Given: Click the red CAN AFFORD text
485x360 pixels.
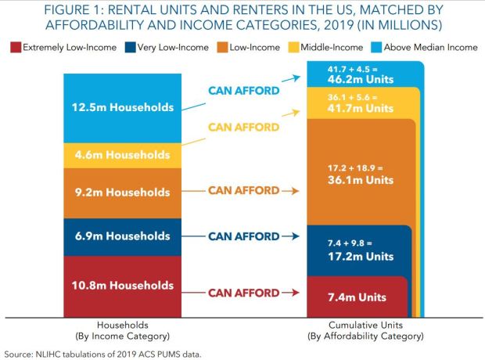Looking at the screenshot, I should [242, 293].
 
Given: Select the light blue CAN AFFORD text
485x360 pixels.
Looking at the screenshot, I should [244, 91].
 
